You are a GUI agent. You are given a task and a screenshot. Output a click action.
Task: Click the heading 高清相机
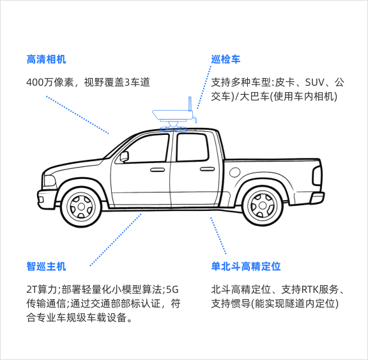[x=46, y=59]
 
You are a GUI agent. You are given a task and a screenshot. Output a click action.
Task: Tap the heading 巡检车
[x=226, y=59]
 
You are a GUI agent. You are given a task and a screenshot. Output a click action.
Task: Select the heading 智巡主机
[x=46, y=267]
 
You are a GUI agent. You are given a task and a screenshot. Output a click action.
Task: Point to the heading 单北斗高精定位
[x=246, y=267]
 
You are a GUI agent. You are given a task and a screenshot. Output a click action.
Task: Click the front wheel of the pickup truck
[x=81, y=207]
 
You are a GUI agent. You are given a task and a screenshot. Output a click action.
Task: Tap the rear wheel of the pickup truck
[x=263, y=206]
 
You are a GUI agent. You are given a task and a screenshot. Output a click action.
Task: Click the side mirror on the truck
[x=124, y=157]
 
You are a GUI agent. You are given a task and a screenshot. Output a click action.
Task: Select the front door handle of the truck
[x=157, y=169]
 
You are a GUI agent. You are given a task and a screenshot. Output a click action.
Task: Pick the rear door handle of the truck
[x=207, y=169]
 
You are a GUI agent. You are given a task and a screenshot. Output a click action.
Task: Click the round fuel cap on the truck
[x=234, y=173]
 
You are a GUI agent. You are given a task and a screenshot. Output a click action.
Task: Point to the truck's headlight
[x=49, y=180]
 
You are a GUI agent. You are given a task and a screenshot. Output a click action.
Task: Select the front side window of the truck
[x=143, y=148]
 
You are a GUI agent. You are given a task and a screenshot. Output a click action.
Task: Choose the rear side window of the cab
[x=192, y=147]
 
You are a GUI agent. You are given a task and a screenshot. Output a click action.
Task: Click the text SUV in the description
[x=314, y=82]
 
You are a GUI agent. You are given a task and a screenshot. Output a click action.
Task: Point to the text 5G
[x=172, y=290]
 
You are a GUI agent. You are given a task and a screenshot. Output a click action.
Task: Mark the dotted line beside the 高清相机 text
[x=78, y=115]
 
